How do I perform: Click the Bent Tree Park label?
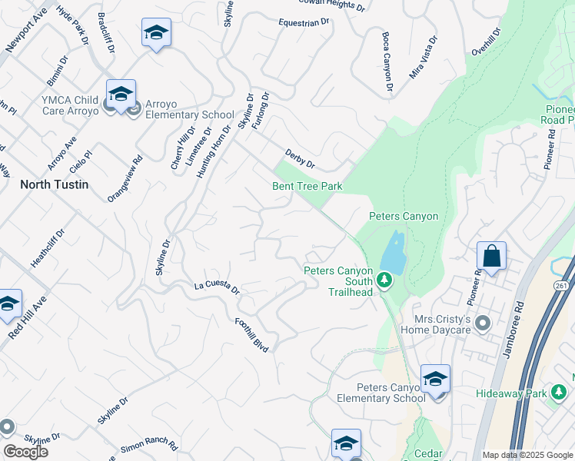click(x=307, y=186)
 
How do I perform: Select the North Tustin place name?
click(x=54, y=184)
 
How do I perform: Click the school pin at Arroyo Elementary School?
click(x=121, y=95)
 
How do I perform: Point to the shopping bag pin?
click(x=491, y=256)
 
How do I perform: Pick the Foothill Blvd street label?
click(x=252, y=335)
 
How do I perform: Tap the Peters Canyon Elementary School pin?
click(x=435, y=380)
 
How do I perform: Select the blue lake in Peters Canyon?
click(x=391, y=254)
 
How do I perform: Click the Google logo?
click(x=25, y=452)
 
